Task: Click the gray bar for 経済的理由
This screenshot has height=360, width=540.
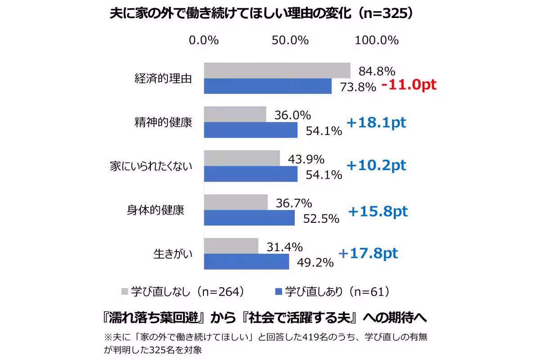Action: [x=277, y=71]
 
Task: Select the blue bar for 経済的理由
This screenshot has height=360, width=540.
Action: [x=268, y=86]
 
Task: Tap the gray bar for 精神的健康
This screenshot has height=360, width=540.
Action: [x=235, y=114]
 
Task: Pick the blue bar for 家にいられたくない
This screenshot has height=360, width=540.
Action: [x=251, y=174]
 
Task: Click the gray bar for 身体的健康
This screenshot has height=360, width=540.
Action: [x=236, y=202]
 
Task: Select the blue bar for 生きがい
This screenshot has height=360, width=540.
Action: [x=246, y=261]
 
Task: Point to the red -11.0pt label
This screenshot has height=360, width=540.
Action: [x=409, y=85]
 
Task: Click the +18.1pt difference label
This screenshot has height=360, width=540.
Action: [x=376, y=122]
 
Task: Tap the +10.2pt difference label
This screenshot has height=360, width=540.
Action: [x=376, y=165]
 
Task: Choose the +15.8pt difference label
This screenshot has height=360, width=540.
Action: [x=378, y=211]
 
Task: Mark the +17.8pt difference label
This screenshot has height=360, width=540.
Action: [x=368, y=253]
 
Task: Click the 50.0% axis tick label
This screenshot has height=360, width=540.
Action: [x=290, y=40]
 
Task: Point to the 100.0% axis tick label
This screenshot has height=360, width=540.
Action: [x=377, y=40]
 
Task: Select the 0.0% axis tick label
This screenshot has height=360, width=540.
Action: [x=204, y=40]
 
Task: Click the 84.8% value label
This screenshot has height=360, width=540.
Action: [x=377, y=71]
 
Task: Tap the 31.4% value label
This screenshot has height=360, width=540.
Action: [x=284, y=247]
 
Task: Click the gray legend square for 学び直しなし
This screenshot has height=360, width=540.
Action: [x=125, y=292]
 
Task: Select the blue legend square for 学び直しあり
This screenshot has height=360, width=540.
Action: [x=279, y=292]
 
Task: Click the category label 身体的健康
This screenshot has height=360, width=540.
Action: [x=155, y=210]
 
